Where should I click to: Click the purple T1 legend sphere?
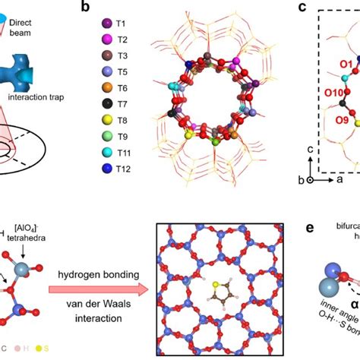(107, 24)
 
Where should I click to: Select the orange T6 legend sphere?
(107, 88)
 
